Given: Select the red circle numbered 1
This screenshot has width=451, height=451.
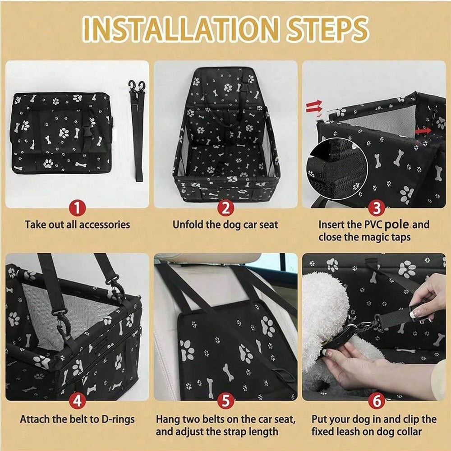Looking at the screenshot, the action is pyautogui.click(x=77, y=208).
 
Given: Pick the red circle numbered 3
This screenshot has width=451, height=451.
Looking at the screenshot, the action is pyautogui.click(x=377, y=208).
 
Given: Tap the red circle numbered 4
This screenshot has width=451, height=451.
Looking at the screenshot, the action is pyautogui.click(x=77, y=400).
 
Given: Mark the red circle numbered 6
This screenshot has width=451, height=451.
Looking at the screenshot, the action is pyautogui.click(x=377, y=400).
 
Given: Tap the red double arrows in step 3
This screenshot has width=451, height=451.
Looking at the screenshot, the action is pyautogui.click(x=314, y=107).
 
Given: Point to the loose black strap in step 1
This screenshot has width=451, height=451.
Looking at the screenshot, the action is pyautogui.click(x=138, y=131).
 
